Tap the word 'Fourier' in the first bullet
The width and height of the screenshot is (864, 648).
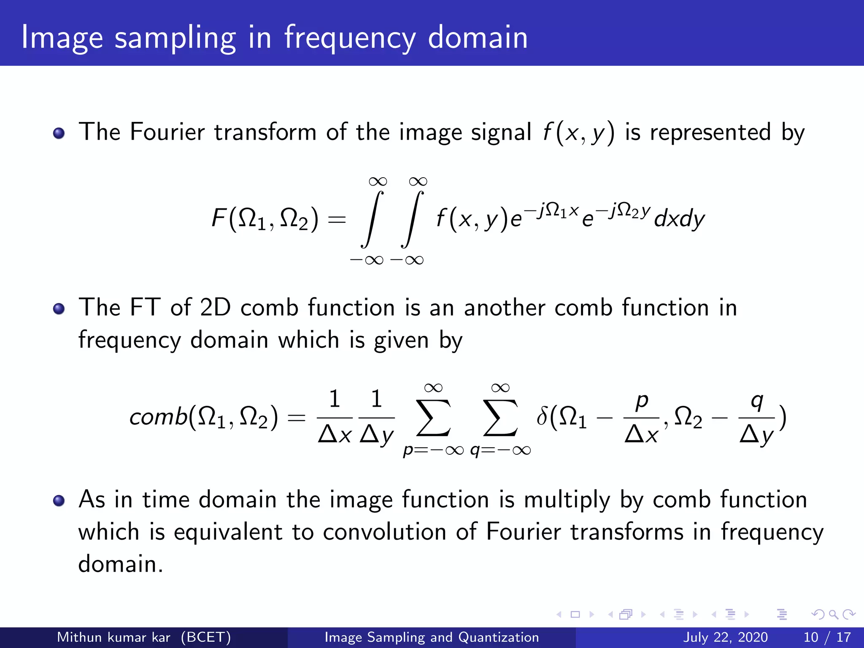click(x=167, y=132)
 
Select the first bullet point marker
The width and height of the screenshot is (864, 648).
click(x=59, y=133)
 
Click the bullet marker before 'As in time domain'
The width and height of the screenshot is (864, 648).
click(x=59, y=501)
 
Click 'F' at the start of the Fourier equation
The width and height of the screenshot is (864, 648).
click(x=219, y=219)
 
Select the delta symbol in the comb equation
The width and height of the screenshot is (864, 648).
click(x=542, y=416)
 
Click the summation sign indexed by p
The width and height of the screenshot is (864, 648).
click(x=433, y=417)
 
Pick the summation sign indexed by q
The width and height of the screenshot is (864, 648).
click(x=500, y=417)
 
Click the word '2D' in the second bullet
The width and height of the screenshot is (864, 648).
click(x=215, y=307)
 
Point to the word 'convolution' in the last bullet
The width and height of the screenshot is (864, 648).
click(x=384, y=532)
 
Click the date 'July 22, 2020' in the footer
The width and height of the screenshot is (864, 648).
click(x=725, y=637)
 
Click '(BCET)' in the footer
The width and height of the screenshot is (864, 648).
click(x=206, y=637)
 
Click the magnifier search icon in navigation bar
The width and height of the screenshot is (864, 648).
click(x=833, y=614)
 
